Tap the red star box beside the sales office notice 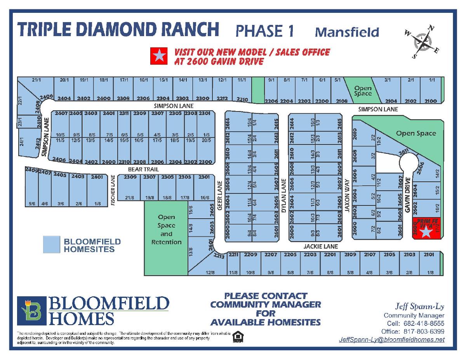[x=159, y=56]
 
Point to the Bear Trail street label [x=143, y=170]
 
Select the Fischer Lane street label [x=113, y=190]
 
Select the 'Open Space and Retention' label [x=166, y=230]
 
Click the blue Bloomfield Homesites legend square [x=51, y=245]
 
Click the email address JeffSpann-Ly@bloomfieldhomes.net [x=391, y=339]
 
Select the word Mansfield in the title [x=347, y=31]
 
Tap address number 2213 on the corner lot [x=219, y=256]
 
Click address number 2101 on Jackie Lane [x=429, y=255]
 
